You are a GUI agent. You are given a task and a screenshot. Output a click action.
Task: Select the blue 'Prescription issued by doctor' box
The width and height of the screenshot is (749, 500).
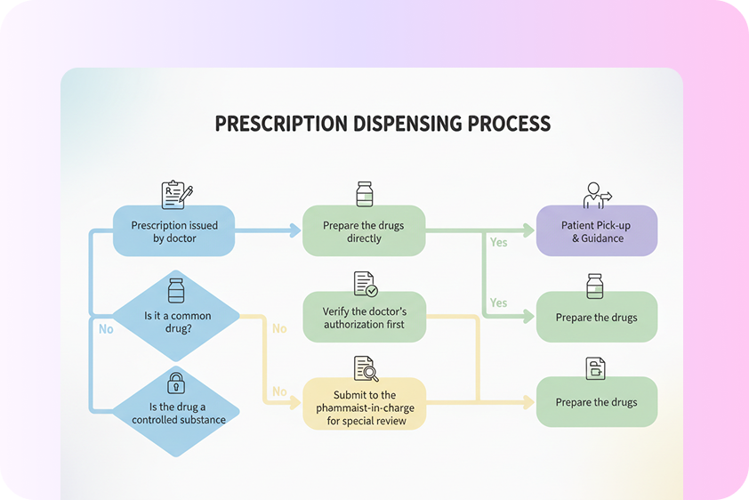174,231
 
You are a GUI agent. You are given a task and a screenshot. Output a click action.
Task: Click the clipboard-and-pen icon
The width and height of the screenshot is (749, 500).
176,195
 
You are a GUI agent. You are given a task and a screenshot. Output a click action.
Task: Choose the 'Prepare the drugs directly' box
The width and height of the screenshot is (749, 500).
364,231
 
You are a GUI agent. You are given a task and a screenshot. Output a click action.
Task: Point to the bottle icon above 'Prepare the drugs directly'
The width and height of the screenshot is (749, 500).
364,194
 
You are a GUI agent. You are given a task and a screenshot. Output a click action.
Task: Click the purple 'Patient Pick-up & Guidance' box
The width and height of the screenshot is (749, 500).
597,231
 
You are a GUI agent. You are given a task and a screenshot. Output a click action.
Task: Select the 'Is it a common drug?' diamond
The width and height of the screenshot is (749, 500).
177,316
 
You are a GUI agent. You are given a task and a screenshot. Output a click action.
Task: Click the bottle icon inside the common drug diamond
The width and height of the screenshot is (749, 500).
176,291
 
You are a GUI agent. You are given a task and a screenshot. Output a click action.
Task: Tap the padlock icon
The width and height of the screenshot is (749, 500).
176,383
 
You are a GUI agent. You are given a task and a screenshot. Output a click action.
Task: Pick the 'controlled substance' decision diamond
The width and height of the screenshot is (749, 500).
175,411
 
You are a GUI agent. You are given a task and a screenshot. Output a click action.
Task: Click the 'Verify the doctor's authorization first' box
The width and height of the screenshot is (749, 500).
364,318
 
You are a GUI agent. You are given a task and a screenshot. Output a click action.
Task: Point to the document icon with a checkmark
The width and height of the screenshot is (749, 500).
365,284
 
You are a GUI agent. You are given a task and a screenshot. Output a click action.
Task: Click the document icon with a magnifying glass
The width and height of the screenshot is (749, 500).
365,367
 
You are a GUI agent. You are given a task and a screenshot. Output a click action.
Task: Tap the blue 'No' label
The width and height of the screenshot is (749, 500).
106,329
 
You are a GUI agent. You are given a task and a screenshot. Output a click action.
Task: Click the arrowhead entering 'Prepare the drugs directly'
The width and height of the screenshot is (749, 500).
295,231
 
